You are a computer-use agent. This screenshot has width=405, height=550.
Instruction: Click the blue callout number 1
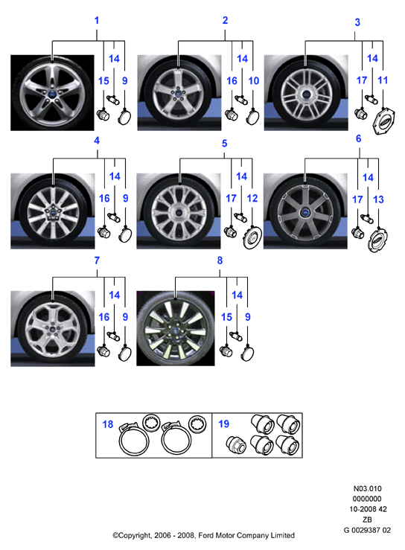97,20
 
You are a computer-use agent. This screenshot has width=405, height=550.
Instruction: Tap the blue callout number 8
220,260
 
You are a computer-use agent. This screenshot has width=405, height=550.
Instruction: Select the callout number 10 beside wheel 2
253,80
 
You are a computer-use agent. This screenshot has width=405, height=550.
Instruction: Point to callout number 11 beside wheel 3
383,80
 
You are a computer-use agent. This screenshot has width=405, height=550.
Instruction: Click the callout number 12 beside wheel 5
252,198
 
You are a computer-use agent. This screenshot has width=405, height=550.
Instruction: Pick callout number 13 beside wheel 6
378,199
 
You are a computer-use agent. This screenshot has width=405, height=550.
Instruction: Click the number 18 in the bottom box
108,424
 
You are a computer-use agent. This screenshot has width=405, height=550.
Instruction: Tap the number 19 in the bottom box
223,423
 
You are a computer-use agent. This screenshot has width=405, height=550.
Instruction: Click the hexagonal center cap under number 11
383,121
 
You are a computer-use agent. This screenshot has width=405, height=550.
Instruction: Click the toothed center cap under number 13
377,240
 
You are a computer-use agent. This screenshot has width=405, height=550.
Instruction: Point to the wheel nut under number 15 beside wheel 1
103,115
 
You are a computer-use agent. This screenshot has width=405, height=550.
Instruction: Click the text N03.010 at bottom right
367,488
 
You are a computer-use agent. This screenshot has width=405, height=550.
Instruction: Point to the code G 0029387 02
367,530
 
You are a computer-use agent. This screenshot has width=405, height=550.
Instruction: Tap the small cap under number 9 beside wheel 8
247,353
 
